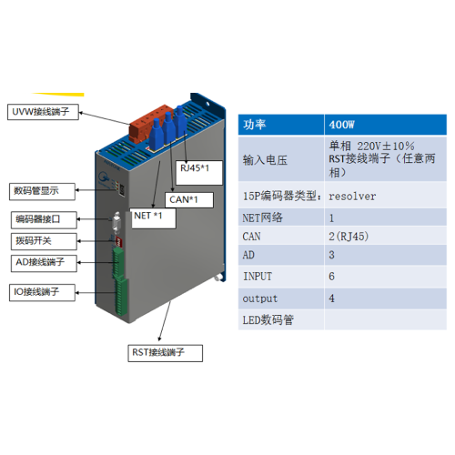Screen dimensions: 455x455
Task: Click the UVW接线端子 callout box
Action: (x=43, y=112)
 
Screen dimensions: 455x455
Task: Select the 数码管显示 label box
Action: (x=42, y=191)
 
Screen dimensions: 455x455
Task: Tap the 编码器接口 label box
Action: (x=44, y=220)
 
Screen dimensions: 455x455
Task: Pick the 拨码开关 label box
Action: (x=44, y=241)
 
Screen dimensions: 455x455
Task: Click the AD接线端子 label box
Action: (x=44, y=263)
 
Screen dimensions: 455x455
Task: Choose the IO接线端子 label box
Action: (x=42, y=292)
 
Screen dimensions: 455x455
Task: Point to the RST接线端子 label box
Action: (x=166, y=353)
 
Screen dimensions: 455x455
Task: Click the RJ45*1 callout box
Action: (x=199, y=173)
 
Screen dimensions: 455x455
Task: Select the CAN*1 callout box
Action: (x=189, y=200)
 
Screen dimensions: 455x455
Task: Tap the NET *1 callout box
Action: (x=154, y=218)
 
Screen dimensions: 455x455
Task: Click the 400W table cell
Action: (x=386, y=125)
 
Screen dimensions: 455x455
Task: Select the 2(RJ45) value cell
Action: (x=386, y=236)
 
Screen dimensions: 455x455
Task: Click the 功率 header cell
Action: (x=281, y=125)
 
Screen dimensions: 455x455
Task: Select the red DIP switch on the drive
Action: (x=118, y=242)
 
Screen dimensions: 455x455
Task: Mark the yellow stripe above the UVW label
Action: (x=58, y=95)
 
